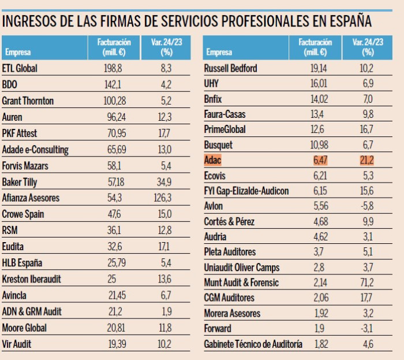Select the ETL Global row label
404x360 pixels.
click(20, 68)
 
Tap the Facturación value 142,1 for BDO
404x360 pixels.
click(113, 84)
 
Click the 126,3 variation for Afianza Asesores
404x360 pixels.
click(163, 198)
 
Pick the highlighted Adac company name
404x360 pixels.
click(212, 160)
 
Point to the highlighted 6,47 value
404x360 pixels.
click(320, 160)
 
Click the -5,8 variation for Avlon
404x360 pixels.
click(367, 206)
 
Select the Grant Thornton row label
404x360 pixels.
click(28, 101)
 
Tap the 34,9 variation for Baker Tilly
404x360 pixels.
click(164, 182)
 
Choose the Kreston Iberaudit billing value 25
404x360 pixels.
click(111, 279)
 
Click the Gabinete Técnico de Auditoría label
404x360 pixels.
click(253, 344)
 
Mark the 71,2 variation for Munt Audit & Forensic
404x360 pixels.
click(367, 283)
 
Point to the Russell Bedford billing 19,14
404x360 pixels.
click(319, 68)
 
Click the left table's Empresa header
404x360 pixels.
click(18, 52)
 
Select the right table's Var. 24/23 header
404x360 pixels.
click(368, 47)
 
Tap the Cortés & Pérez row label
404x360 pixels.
click(229, 221)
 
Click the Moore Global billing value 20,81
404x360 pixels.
click(116, 328)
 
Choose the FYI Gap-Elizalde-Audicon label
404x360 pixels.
click(246, 191)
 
